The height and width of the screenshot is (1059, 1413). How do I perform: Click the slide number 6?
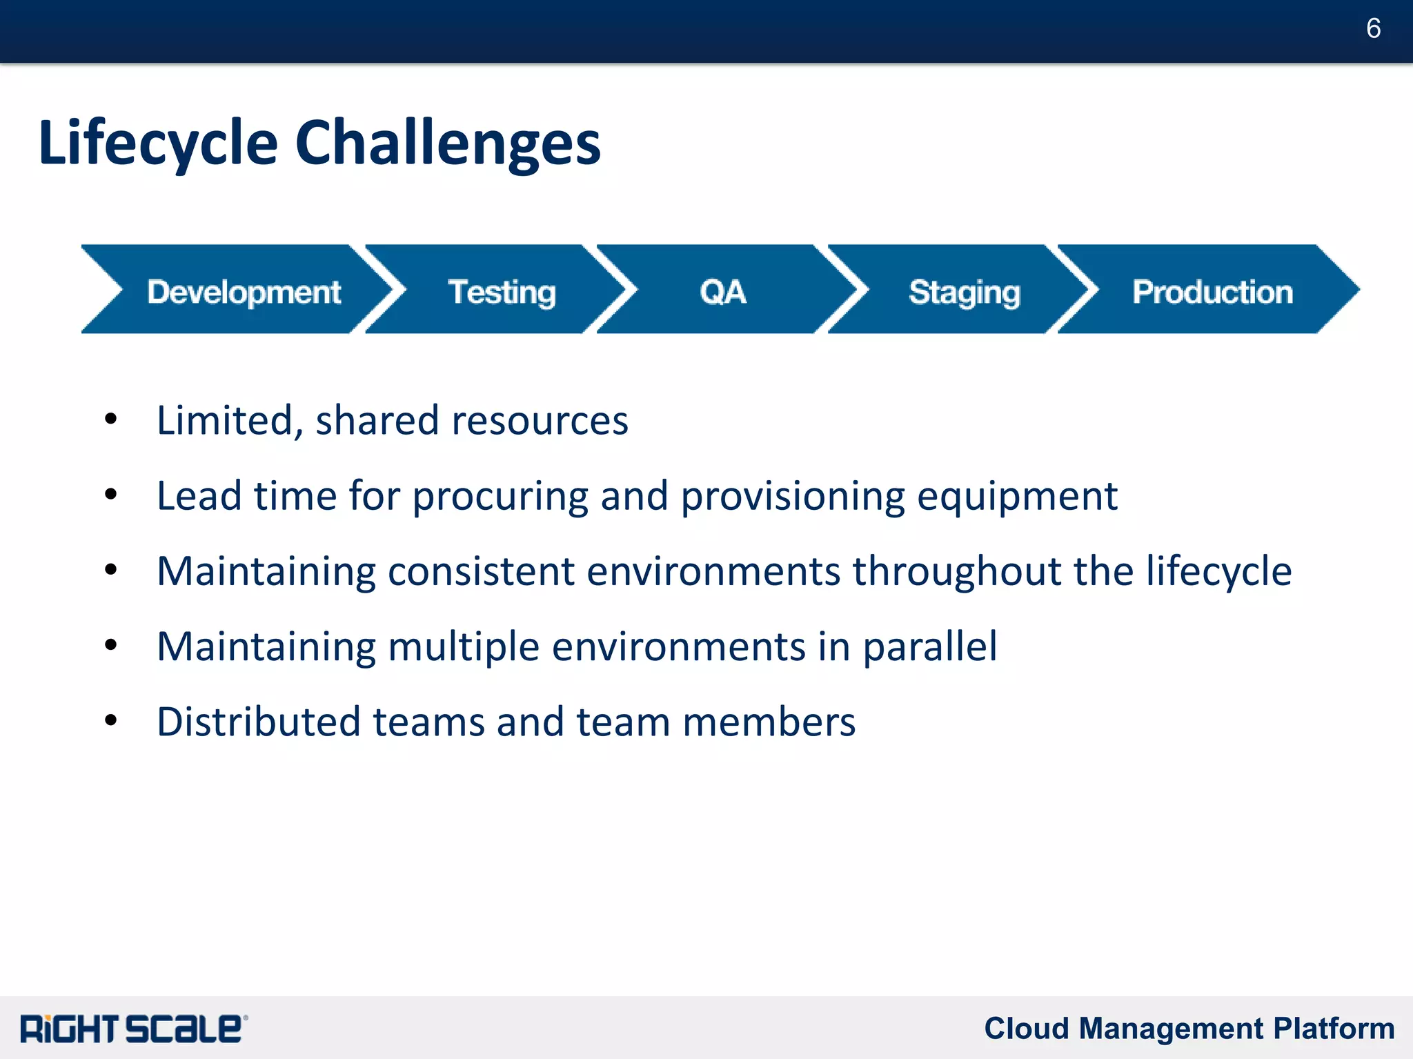click(1373, 28)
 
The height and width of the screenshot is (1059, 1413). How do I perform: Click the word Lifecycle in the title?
click(158, 143)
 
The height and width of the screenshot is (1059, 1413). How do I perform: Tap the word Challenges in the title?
click(448, 143)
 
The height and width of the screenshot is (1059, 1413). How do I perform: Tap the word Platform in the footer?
click(1334, 1028)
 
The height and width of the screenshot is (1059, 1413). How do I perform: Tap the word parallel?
click(929, 647)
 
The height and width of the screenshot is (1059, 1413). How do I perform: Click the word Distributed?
click(259, 722)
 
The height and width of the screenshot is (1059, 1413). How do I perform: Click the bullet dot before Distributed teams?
click(110, 720)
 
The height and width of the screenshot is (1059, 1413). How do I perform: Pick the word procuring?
click(500, 497)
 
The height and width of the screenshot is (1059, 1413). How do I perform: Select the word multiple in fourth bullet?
click(464, 647)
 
